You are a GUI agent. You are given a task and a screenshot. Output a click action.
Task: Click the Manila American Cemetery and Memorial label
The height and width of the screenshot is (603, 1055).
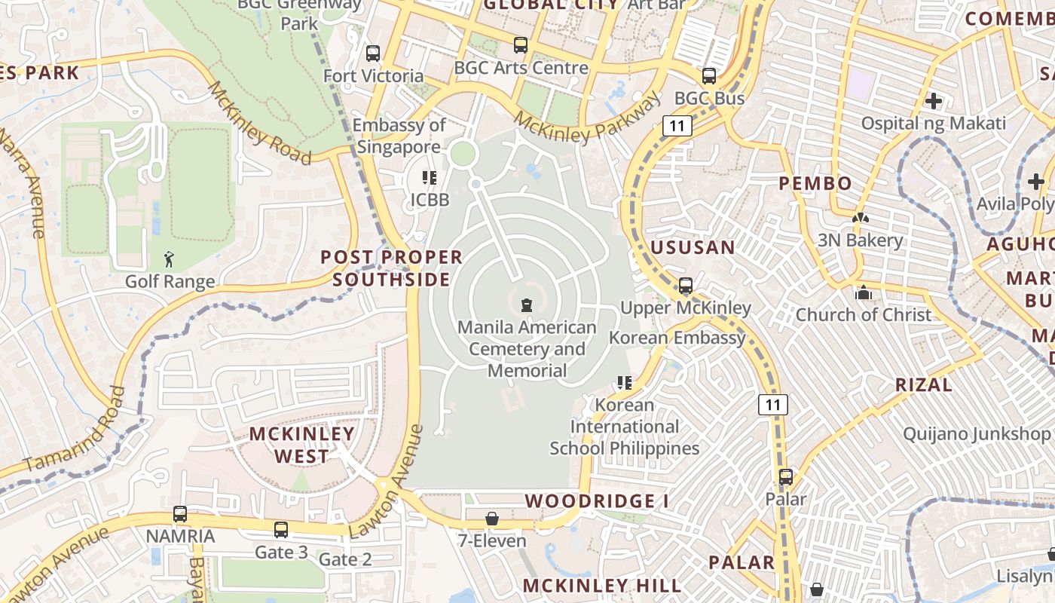click(x=527, y=349)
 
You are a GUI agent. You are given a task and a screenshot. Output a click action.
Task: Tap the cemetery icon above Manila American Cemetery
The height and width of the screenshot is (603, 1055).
click(x=526, y=305)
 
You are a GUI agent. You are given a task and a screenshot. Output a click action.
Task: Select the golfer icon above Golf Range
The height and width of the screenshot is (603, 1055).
click(x=170, y=260)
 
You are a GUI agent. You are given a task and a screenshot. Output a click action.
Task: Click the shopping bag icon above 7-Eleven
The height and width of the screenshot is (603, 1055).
click(x=492, y=519)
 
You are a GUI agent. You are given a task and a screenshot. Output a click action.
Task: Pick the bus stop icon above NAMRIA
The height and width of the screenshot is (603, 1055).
click(x=180, y=514)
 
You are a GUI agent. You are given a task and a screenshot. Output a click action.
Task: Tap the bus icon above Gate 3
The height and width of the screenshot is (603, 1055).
click(x=281, y=530)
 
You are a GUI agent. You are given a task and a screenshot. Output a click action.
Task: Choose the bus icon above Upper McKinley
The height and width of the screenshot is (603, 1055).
click(x=686, y=286)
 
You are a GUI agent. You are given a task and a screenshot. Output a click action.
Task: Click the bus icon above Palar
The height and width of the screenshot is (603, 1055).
click(x=786, y=477)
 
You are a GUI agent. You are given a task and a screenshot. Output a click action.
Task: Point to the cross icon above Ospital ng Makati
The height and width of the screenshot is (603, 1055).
click(x=934, y=101)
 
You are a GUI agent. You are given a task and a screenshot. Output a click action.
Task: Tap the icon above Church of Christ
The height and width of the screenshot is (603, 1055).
click(x=864, y=292)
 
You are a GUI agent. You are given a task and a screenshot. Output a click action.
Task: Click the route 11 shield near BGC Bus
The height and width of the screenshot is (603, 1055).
click(x=677, y=126)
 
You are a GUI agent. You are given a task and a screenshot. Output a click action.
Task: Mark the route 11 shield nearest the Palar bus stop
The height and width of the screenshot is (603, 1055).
click(x=774, y=405)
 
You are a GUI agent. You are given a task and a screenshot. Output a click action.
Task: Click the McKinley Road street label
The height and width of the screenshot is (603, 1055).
click(x=259, y=123)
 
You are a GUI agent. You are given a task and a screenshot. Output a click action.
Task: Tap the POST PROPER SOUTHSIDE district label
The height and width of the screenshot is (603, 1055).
click(x=392, y=268)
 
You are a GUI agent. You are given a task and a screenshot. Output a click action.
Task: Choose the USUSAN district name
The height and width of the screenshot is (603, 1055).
click(x=693, y=247)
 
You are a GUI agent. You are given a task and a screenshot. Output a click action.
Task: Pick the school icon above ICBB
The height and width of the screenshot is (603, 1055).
click(x=430, y=178)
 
